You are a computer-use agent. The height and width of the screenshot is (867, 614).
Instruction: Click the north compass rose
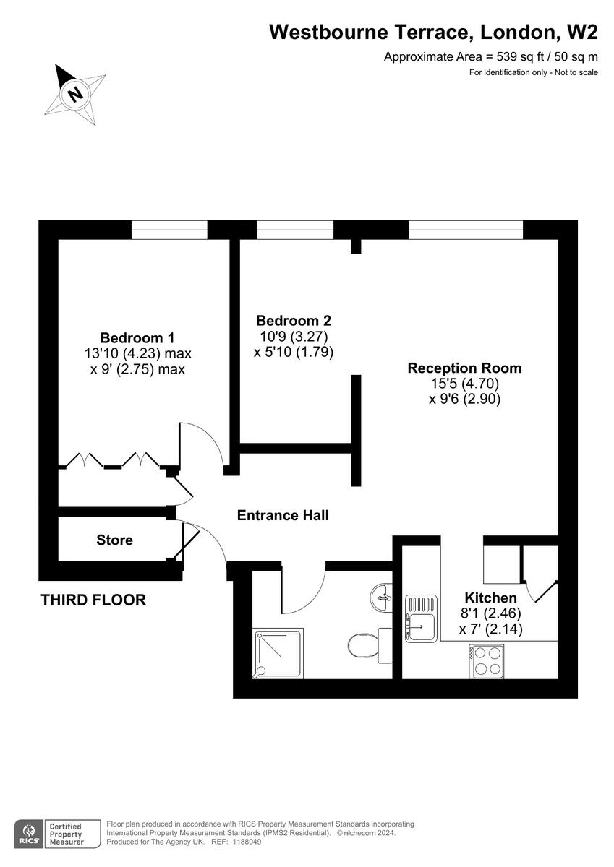pyautogui.click(x=74, y=92)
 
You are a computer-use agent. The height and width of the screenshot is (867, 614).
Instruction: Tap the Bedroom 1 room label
pyautogui.click(x=137, y=337)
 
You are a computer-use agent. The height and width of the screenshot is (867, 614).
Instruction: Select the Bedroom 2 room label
pyautogui.click(x=294, y=320)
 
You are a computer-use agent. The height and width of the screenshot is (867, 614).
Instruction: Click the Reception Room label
pyautogui.click(x=464, y=368)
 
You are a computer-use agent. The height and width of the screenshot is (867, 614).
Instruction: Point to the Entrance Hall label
pyautogui.click(x=283, y=515)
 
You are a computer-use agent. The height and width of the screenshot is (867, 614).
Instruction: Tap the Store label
pyautogui.click(x=115, y=540)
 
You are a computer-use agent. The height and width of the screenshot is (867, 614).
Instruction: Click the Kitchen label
pyautogui.click(x=490, y=598)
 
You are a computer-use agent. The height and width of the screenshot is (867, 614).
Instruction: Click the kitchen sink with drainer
pyautogui.click(x=419, y=618)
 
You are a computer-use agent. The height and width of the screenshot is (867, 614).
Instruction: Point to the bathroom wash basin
pyautogui.click(x=381, y=597)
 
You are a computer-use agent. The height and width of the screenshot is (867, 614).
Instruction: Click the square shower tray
pyautogui.click(x=278, y=653)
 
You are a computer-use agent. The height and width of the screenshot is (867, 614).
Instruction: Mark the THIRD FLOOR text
pyautogui.click(x=93, y=600)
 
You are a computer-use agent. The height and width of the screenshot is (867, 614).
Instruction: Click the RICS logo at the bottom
pyautogui.click(x=29, y=833)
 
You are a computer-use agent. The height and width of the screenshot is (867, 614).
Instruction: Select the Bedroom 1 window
pyautogui.click(x=169, y=230)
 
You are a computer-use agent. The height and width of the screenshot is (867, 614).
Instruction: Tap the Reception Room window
pyautogui.click(x=465, y=230)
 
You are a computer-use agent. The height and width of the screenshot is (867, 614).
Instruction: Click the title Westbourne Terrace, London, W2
pyautogui.click(x=434, y=32)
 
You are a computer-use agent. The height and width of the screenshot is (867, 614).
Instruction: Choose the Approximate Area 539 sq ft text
pyautogui.click(x=491, y=57)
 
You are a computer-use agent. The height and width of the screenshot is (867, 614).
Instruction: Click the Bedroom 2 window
pyautogui.click(x=295, y=230)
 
